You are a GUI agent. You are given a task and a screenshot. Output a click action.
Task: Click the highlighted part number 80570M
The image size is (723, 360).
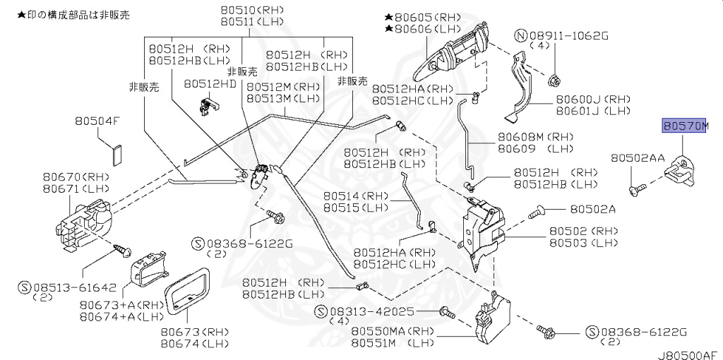(x=683, y=126)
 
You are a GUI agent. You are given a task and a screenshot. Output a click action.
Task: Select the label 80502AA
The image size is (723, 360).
(x=638, y=160)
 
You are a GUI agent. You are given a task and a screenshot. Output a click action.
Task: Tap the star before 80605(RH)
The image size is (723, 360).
(x=388, y=16)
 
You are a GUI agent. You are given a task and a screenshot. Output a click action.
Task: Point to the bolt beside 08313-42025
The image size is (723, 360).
(x=446, y=311)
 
